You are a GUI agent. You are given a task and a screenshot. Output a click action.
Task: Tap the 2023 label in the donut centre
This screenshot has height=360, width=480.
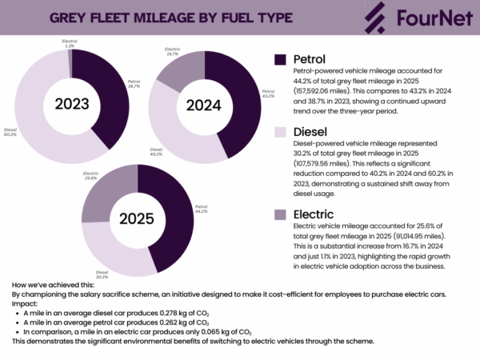pos(71,103)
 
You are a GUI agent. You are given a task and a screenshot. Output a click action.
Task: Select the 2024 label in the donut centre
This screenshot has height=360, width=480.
pos(204,106)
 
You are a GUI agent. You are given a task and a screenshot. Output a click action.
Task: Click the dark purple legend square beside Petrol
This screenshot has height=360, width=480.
pos(280,60)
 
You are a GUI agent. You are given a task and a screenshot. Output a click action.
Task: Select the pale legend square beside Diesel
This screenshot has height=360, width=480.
pos(280,132)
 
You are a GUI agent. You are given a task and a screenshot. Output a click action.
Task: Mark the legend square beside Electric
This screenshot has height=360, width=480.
pos(280,214)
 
